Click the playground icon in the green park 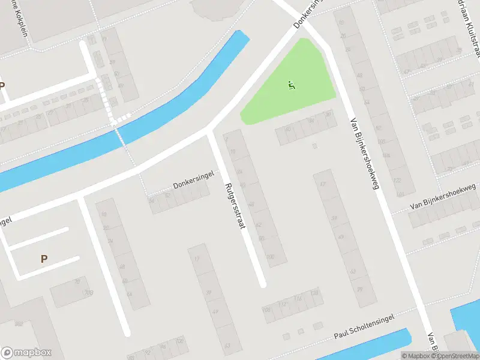(x=292, y=86)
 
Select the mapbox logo (x=26, y=353)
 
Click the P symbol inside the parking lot (x=43, y=259)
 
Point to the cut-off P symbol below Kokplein (x=2, y=86)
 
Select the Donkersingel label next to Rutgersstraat (x=190, y=186)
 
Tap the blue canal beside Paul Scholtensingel (x=372, y=347)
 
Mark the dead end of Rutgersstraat (x=262, y=284)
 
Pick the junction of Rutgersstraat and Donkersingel (x=209, y=133)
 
